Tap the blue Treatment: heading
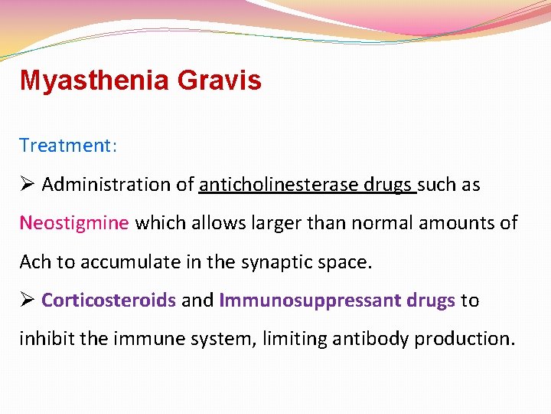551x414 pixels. tap(68, 145)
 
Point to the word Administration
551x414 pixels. tap(95, 185)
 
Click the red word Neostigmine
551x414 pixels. tap(73, 223)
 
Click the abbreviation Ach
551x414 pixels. tap(35, 262)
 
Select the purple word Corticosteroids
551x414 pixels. tap(109, 301)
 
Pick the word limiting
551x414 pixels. tap(295, 339)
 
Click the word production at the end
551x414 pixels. tap(464, 339)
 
